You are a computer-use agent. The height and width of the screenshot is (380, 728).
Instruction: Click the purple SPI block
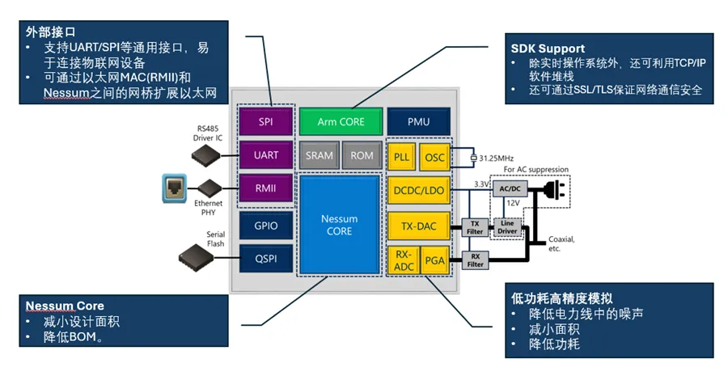[x=265, y=122]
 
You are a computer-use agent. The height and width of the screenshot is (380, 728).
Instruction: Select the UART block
[x=265, y=155]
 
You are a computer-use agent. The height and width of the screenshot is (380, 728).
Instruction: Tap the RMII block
[x=265, y=189]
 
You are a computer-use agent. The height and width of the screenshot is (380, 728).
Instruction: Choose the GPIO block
[x=265, y=227]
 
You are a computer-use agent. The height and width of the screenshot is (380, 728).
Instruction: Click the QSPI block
[x=265, y=260]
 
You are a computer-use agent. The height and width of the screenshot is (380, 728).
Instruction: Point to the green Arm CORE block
[x=340, y=122]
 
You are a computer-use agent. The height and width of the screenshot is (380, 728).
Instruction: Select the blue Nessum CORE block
[x=340, y=225]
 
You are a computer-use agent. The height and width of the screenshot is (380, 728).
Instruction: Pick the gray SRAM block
[x=319, y=155]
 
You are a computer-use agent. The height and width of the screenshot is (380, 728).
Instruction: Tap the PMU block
[x=417, y=122]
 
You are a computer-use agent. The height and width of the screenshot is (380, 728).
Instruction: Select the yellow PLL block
[x=401, y=157]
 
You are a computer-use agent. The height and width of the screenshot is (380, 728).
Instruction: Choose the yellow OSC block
[x=434, y=157]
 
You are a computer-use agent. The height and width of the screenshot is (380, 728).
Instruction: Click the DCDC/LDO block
[x=417, y=191]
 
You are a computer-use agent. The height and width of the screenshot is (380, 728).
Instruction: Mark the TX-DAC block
[x=417, y=227]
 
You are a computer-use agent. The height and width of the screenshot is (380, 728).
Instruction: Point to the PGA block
[x=434, y=260]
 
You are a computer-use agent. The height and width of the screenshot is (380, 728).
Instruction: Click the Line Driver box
[x=507, y=227]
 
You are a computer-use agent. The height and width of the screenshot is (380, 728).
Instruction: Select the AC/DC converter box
[x=511, y=187]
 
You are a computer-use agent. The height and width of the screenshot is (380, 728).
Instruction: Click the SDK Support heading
[x=548, y=49]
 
